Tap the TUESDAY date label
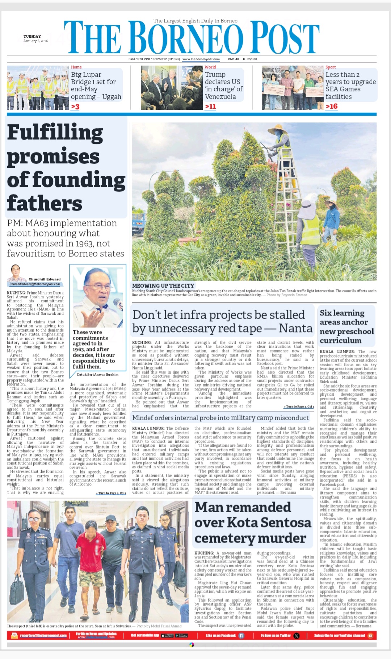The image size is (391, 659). click(32, 37)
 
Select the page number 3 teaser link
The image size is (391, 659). click(75, 107)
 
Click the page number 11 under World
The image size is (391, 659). click(210, 107)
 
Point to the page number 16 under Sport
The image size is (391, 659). click(332, 107)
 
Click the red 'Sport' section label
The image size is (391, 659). click(331, 67)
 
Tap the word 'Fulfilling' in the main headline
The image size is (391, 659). click(55, 133)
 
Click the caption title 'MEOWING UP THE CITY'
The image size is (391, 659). click(163, 286)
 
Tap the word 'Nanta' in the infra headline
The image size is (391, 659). click(295, 328)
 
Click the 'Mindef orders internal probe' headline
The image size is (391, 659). click(220, 418)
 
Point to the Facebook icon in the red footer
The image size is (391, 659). click(241, 635)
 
